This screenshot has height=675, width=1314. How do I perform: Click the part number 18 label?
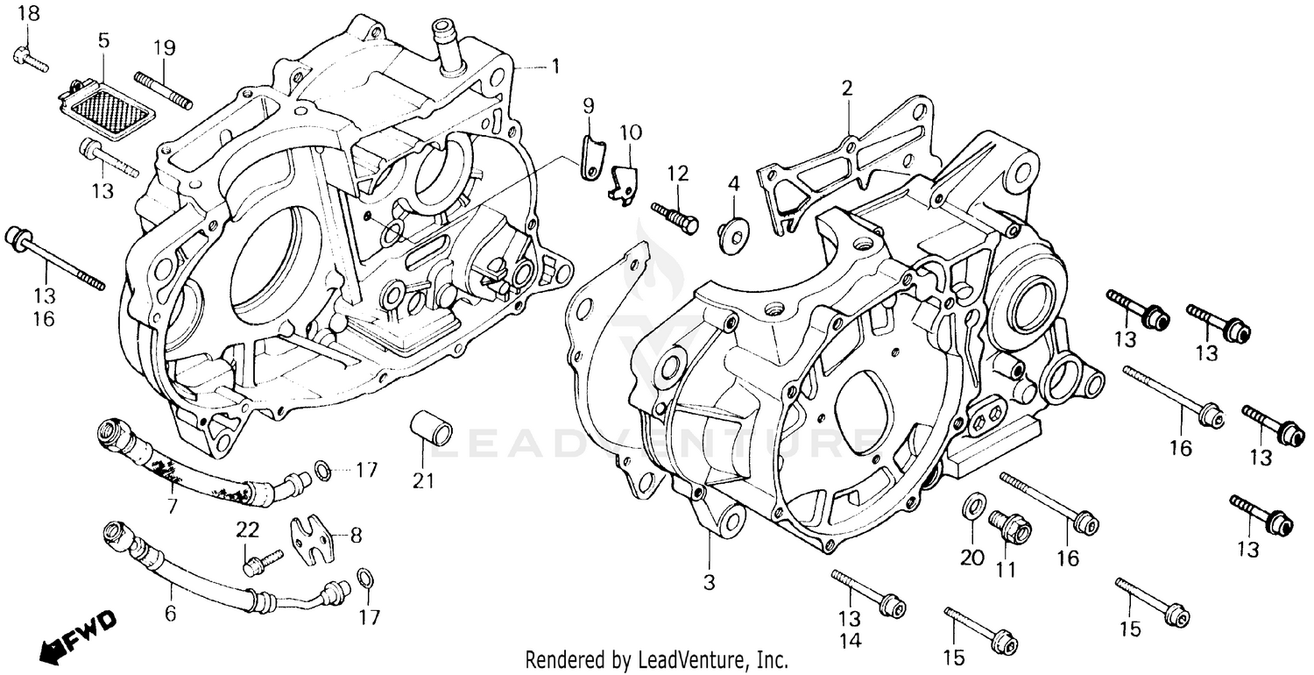[x=28, y=13]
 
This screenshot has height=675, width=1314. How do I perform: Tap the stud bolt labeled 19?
[x=163, y=90]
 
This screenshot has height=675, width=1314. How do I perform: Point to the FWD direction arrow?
[x=78, y=635]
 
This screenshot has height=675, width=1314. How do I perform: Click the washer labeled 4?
[x=732, y=233]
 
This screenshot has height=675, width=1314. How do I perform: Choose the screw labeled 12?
[x=675, y=217]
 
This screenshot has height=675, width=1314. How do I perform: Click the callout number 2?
[x=846, y=88]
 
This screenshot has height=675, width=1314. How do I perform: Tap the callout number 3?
[x=709, y=581]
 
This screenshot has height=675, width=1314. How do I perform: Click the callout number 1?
[x=555, y=66]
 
